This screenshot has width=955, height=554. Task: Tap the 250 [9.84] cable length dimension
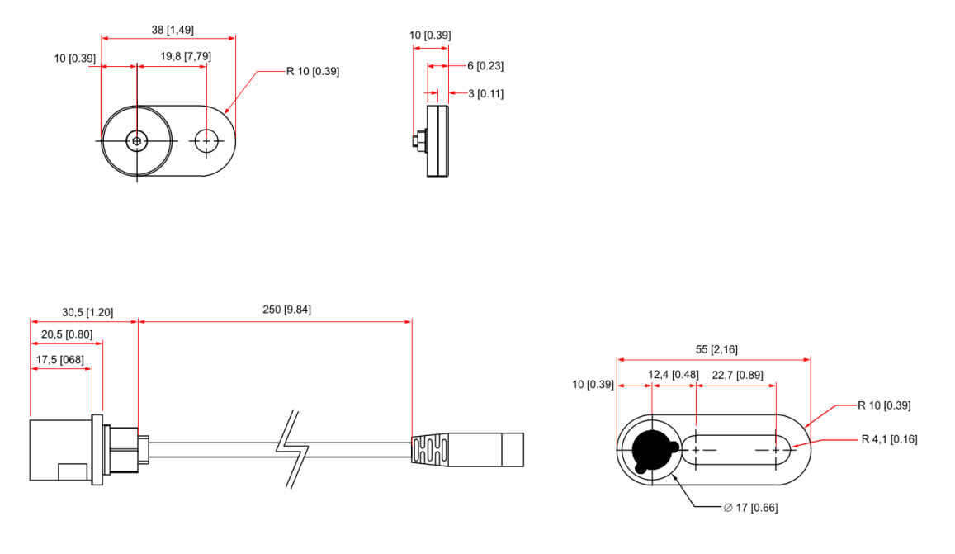coord(275,310)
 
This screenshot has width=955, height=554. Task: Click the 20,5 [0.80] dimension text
coord(67,334)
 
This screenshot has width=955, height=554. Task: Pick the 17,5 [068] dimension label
coord(61,359)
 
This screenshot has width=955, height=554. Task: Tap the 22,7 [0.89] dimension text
coord(739,375)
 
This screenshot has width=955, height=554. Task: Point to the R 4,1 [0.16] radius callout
coord(889,439)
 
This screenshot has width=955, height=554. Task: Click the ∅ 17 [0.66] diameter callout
coord(749,507)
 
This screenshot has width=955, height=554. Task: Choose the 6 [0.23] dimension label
coord(485,66)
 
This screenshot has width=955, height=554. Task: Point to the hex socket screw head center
coord(137,141)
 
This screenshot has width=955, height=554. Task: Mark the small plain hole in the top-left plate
coord(206,141)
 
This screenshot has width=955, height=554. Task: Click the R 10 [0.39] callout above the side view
coord(313,71)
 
